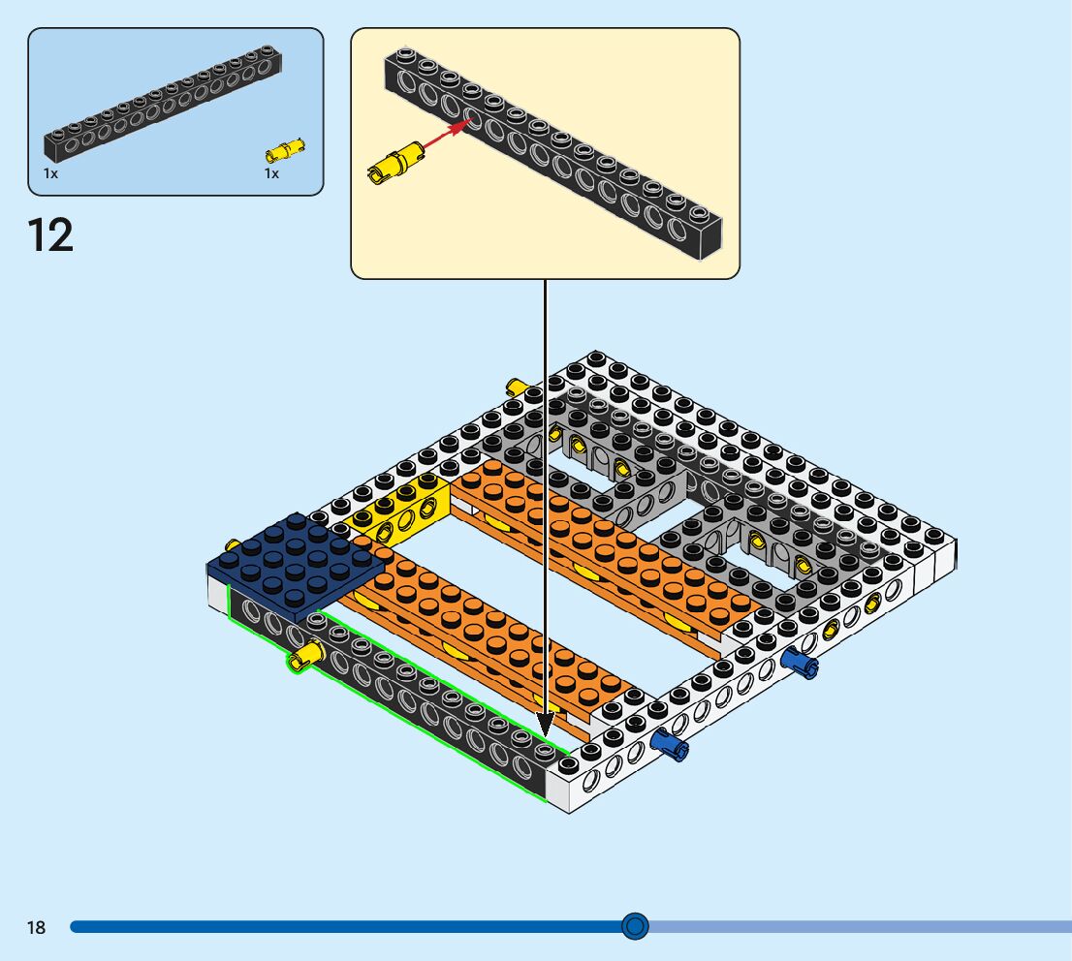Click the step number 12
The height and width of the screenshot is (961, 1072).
pos(50,235)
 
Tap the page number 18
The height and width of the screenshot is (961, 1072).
pos(36,927)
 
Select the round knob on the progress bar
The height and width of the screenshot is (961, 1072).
pos(635,926)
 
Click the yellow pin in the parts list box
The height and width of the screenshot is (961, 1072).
pos(285,150)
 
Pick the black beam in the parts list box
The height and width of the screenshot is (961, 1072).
pos(164,104)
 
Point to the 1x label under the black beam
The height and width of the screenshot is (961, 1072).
pos(50,173)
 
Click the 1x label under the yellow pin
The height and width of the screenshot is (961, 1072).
pos(271,173)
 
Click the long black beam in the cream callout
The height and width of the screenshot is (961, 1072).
pos(553,153)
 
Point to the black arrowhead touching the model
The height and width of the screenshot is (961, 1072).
pos(545,725)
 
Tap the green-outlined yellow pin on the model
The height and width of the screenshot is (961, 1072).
pos(305,655)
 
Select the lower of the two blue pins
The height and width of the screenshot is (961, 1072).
pos(670,744)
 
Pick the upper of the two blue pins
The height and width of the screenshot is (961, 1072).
pos(800,662)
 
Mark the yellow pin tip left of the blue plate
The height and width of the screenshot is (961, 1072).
pos(233,545)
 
